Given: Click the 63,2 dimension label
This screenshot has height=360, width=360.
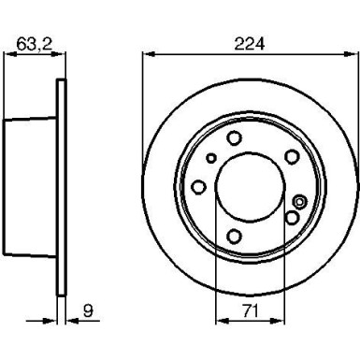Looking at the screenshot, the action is pyautogui.click(x=34, y=44).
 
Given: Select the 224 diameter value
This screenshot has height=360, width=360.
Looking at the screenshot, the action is pyautogui.click(x=250, y=44).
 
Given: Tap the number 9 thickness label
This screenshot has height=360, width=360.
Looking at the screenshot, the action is pyautogui.click(x=88, y=310).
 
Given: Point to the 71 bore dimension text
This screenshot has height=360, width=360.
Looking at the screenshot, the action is pyautogui.click(x=251, y=311).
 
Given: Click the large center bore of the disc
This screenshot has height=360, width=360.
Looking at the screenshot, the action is pyautogui.click(x=251, y=187).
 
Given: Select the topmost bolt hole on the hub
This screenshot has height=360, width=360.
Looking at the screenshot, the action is pyautogui.click(x=234, y=137).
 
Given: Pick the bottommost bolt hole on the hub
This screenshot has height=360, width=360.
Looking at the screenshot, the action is pyautogui.click(x=234, y=237).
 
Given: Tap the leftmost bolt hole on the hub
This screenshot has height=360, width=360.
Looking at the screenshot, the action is pyautogui.click(x=198, y=187).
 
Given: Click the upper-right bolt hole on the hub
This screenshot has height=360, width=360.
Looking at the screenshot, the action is pyautogui.click(x=292, y=157).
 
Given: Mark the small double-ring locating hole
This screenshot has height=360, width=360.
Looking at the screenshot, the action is pyautogui.click(x=299, y=202).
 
